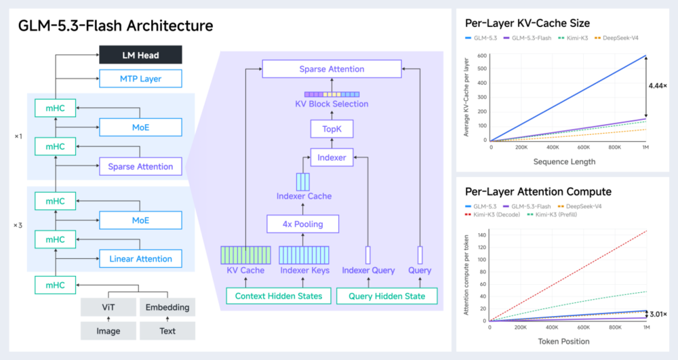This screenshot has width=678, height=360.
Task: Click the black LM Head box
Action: (140, 55)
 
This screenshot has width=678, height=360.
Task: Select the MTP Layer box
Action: (140, 79)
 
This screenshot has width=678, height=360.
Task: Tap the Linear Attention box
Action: (140, 258)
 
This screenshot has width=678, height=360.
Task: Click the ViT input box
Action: (108, 307)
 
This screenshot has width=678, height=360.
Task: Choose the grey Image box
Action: (108, 331)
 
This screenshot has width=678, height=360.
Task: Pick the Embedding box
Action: (167, 307)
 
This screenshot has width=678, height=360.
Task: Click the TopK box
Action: (332, 129)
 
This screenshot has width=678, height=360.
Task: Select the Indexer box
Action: (332, 157)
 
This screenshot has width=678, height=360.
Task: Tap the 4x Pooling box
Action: (302, 224)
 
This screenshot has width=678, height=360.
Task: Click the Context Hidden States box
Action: (279, 296)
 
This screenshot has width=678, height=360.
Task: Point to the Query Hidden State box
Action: (387, 296)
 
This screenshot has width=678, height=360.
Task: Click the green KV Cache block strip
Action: (245, 255)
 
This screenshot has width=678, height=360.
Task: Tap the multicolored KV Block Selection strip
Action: (332, 94)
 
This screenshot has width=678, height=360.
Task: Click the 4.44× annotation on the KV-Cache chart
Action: (657, 85)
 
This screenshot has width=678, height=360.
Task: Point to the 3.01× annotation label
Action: (658, 314)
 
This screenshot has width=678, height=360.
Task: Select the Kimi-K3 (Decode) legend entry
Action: (492, 214)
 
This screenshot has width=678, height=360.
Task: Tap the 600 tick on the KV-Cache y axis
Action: (482, 56)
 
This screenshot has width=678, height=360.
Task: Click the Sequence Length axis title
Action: (564, 161)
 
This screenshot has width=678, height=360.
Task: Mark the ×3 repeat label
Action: (18, 225)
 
